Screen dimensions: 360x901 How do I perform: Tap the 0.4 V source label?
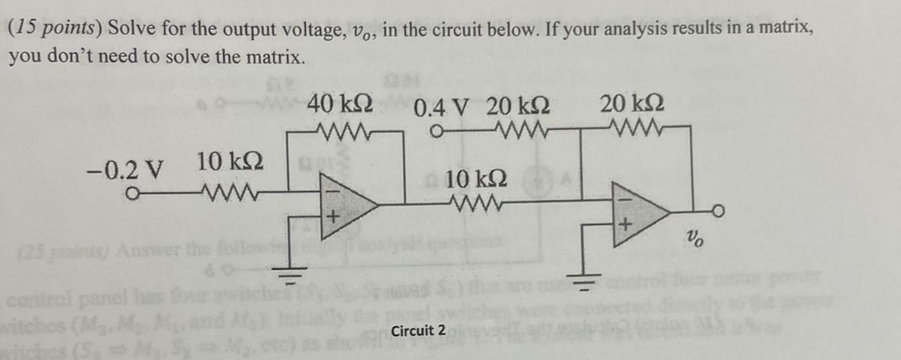(442, 106)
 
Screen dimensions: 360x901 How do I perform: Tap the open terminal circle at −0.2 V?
(135, 192)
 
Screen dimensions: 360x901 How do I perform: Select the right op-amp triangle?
(640, 213)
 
